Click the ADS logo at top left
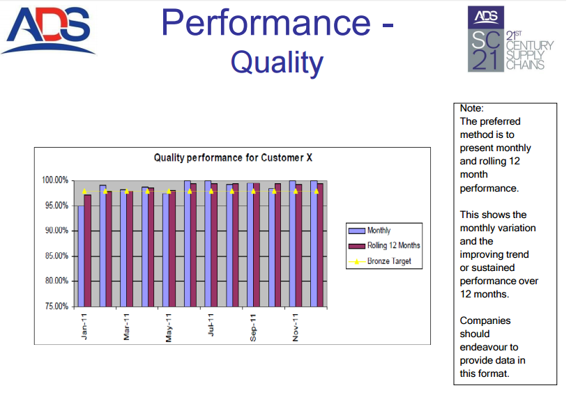48,31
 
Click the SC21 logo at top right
510,39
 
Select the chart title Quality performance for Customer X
233,158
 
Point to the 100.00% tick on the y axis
55,180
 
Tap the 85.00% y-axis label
56,256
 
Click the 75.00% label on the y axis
56,307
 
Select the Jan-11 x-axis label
84,327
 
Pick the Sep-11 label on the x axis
253,327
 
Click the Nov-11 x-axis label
296,327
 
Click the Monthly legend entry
370,231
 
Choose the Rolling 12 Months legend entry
384,245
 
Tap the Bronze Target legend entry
380,261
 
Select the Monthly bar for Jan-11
81,256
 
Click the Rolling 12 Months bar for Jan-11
87,251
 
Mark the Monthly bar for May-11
166,250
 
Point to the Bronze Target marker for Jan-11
84,192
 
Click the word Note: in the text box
471,108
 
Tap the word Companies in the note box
485,320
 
